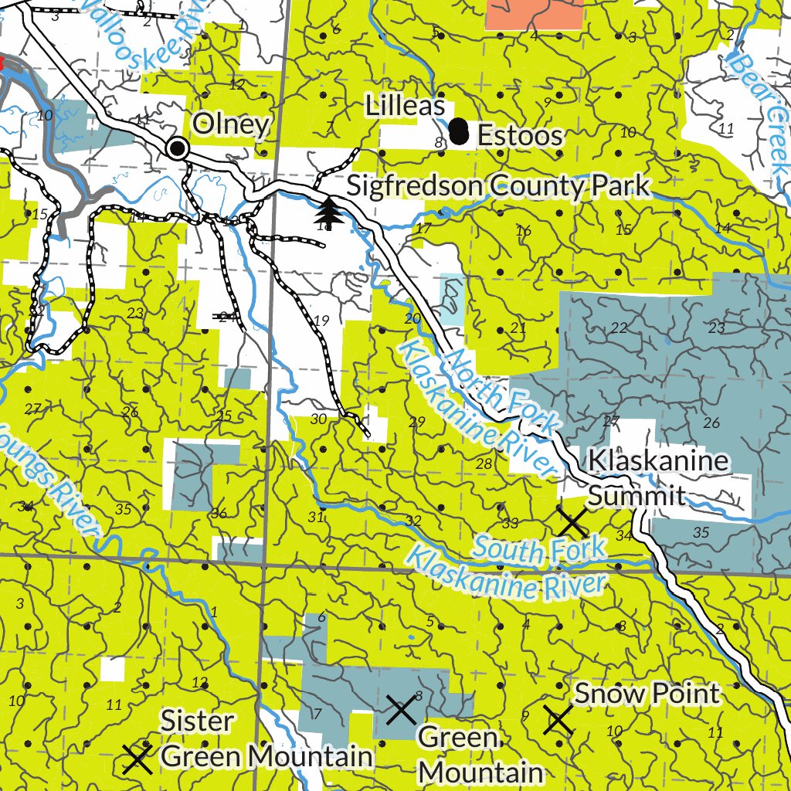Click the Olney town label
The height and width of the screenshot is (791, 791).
point(231,124)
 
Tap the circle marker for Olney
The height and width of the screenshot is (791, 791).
point(178,148)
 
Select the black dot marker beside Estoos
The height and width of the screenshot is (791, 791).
point(460,132)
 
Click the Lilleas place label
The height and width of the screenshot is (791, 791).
point(405,107)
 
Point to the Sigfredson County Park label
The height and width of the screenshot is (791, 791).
point(498,186)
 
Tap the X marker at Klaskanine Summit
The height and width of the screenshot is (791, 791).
point(573,523)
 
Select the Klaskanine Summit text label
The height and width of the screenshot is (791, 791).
point(658,477)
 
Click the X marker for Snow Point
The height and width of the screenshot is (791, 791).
point(558,719)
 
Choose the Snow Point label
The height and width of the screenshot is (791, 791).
point(647,694)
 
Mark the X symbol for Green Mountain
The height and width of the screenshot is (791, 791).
point(402,709)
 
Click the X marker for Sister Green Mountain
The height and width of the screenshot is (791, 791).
point(137,760)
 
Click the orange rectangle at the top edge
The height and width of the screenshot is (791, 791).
point(534,14)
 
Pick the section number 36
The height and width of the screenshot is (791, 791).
point(219,514)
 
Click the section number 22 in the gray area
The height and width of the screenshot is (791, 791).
point(619,328)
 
